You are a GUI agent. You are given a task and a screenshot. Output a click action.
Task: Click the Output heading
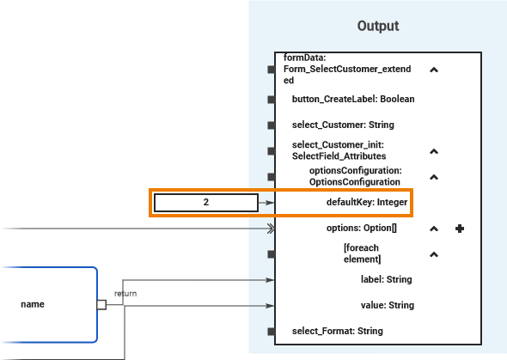pos(378,27)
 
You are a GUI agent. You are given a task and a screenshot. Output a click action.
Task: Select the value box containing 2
pos(206,203)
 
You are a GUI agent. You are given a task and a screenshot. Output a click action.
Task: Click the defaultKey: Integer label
pos(366,203)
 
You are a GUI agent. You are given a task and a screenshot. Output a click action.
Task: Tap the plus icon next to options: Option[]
pos(460,229)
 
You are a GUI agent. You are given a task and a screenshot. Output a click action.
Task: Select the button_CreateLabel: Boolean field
pos(353,100)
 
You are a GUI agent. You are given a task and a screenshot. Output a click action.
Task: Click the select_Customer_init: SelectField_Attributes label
pos(339,151)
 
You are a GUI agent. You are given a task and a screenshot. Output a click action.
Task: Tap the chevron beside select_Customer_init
pos(434,151)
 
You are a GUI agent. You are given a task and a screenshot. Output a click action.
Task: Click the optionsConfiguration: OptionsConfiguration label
pos(355,176)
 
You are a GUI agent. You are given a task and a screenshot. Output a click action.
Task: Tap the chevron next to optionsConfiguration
pos(434,177)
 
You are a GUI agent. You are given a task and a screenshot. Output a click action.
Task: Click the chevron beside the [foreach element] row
pos(434,254)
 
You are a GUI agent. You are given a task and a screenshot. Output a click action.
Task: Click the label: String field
pos(386,279)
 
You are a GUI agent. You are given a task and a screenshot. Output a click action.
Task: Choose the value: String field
pos(387,305)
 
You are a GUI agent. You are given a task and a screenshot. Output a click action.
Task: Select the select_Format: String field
pos(337,331)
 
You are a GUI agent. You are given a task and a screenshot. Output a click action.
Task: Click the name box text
pos(33,304)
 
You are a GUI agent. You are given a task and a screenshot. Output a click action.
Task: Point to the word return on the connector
pos(125,294)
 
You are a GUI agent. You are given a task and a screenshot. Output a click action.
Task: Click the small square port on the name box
pos(101,304)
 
